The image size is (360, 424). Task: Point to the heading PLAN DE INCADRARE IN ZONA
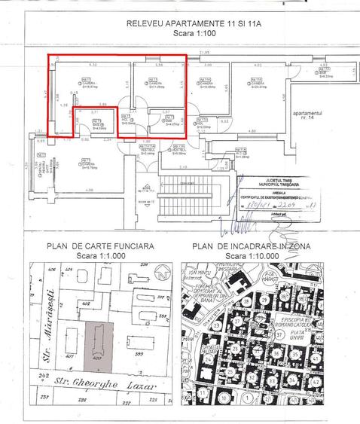[254, 246]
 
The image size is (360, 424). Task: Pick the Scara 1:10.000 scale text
[254, 255]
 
